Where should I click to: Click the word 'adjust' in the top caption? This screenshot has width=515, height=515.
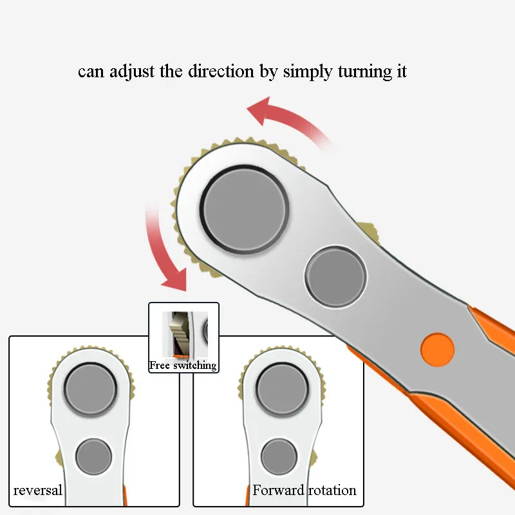132,71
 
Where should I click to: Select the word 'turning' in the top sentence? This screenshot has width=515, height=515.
363,71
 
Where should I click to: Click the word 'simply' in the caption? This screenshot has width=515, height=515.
308,72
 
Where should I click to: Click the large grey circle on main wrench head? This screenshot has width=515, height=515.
245,208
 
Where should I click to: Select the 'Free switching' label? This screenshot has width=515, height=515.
183,366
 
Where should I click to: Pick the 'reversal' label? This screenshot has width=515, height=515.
38,491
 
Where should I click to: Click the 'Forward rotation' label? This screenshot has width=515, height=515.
304,491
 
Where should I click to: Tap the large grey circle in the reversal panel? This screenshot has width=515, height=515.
91,390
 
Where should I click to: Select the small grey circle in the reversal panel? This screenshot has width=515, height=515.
93,456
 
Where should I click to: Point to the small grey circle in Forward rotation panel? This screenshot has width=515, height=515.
279,456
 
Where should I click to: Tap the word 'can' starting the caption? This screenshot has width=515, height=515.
90,71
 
